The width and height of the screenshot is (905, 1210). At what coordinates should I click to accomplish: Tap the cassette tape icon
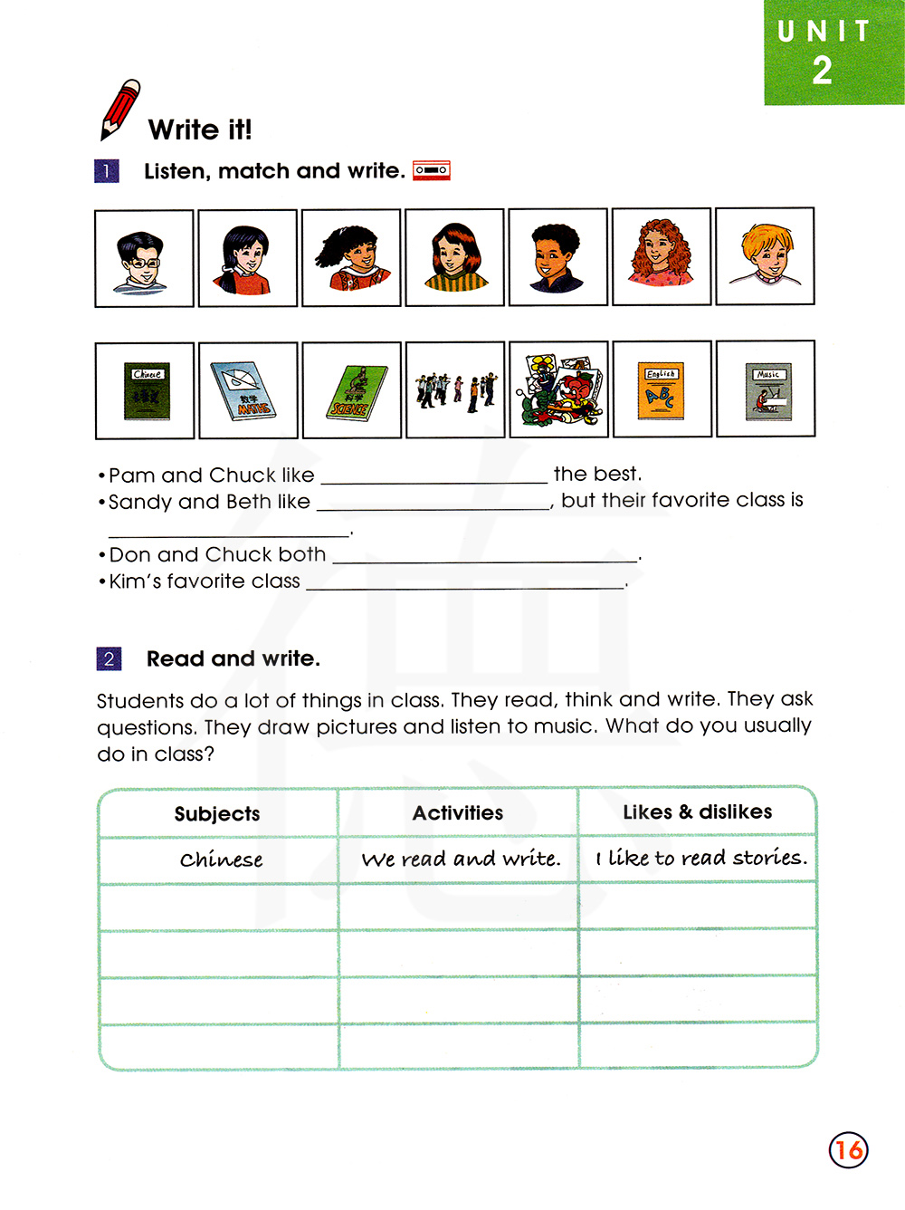coord(432,170)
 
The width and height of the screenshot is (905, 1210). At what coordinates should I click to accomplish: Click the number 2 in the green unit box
coord(822,71)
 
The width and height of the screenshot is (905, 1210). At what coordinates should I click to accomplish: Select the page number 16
coord(848,1150)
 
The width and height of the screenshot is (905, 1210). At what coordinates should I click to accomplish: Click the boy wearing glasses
coord(144,259)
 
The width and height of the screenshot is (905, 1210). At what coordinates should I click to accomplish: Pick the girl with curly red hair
coord(662,257)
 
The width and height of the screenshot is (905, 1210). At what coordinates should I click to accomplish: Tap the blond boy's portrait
coord(765,256)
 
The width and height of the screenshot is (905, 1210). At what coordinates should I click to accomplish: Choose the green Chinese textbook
coord(146,390)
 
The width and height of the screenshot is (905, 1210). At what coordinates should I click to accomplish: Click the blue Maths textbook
coord(247,390)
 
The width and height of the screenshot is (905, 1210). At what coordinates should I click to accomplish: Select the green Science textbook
coord(351,390)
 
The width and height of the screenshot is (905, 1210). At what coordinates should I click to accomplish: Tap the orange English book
coord(661,389)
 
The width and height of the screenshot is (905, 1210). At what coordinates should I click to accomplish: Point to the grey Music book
coord(767,389)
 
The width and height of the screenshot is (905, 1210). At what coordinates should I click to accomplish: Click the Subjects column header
coord(217,813)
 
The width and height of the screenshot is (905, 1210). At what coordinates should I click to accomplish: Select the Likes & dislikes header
coord(697,811)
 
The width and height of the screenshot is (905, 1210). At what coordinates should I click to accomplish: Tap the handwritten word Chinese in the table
coord(221,859)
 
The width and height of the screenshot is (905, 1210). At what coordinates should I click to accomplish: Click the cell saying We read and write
coord(460,859)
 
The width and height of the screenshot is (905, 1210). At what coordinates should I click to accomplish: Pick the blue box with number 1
coord(107,170)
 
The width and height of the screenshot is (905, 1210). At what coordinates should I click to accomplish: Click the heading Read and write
coord(233,658)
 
